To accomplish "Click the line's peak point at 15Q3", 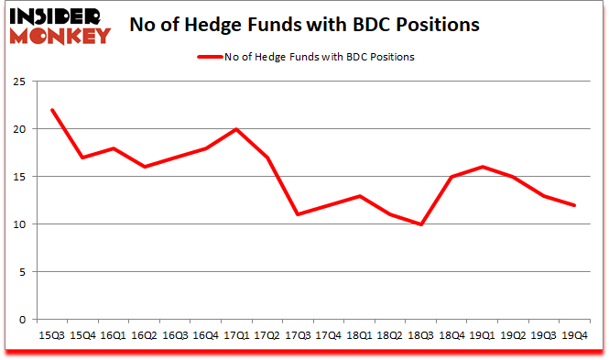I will pos(52,110).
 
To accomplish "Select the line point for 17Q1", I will pos(235,129).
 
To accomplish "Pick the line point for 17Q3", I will pos(297,214).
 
